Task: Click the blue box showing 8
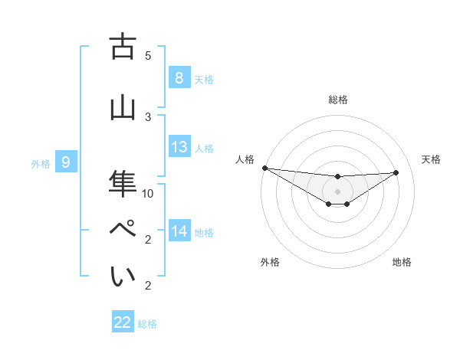click(179, 78)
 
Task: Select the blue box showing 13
click(179, 147)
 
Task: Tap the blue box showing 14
click(179, 231)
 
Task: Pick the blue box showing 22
click(123, 322)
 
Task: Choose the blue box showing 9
click(66, 162)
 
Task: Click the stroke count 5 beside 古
click(148, 55)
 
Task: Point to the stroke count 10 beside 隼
click(148, 193)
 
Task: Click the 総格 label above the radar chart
click(337, 100)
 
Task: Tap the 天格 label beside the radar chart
click(432, 159)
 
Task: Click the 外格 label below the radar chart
click(270, 262)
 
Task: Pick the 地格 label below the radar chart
click(402, 262)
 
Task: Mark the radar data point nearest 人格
click(264, 168)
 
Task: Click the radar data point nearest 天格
click(396, 172)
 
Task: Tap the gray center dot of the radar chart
click(337, 191)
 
